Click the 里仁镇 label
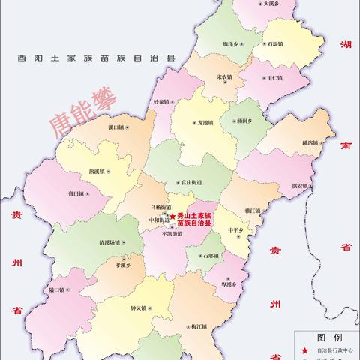274,77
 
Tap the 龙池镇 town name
204,122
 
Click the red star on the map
173,216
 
